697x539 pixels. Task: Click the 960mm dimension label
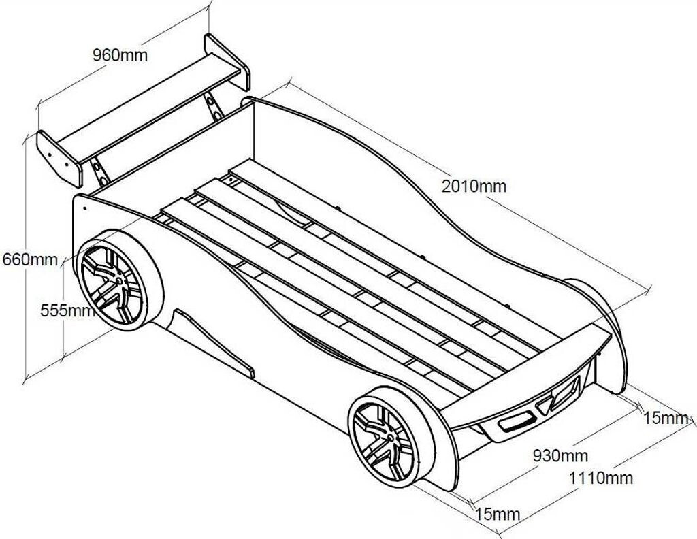tap(120, 55)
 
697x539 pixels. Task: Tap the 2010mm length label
tap(474, 186)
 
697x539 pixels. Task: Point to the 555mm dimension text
tap(66, 310)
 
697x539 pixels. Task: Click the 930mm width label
tap(560, 455)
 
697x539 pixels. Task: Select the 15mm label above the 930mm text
tap(666, 417)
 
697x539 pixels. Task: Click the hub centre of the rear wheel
tap(120, 280)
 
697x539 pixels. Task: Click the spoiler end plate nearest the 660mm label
tap(59, 159)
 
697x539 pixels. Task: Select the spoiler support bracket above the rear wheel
tap(99, 170)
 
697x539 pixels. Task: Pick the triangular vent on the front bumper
tap(545, 408)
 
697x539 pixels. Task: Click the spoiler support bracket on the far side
tap(214, 106)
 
